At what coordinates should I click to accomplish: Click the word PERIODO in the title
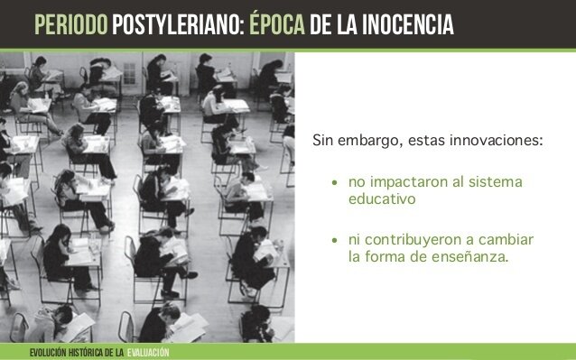click(64, 22)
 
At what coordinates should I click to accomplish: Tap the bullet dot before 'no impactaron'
click(335, 184)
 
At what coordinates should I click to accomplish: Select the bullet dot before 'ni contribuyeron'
click(335, 241)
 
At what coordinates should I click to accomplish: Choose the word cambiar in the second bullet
click(504, 240)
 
